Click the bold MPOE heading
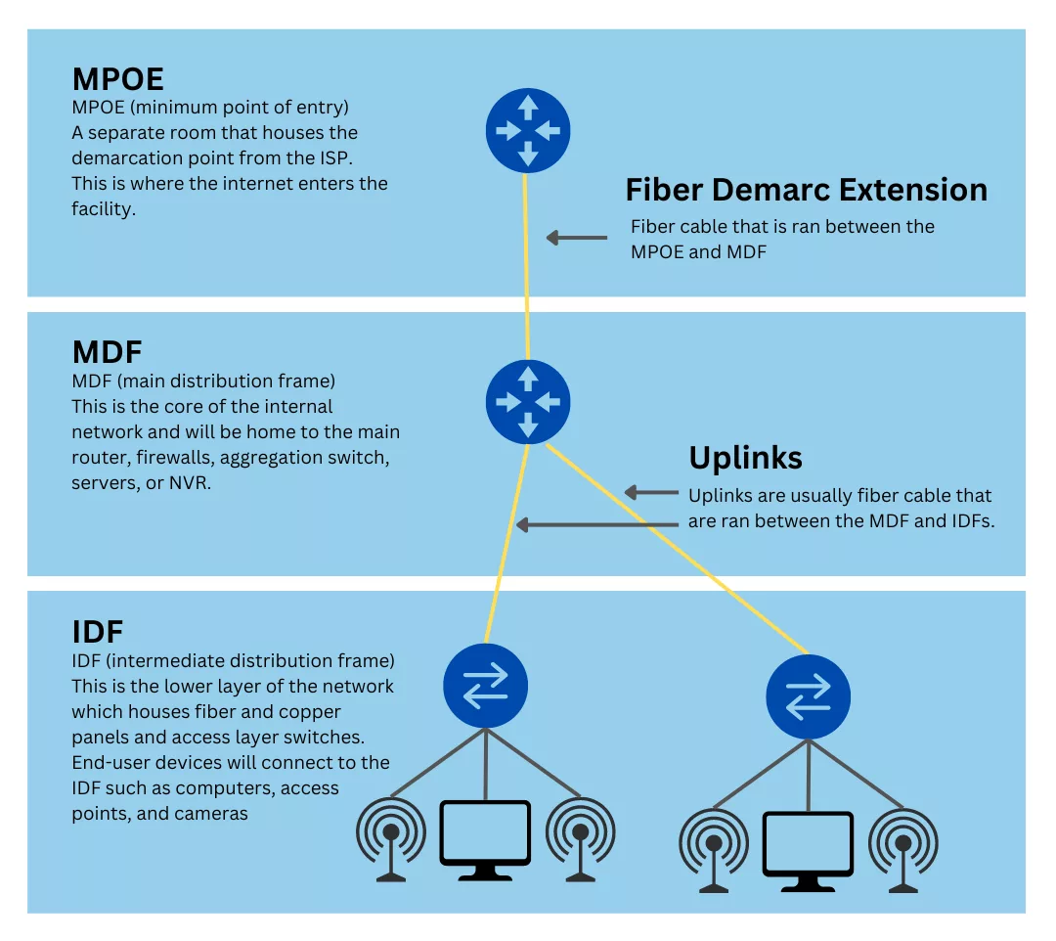(x=118, y=79)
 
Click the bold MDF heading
(x=108, y=352)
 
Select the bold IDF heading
(x=98, y=632)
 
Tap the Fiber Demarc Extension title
(x=806, y=190)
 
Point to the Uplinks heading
(x=745, y=459)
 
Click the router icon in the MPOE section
(x=528, y=131)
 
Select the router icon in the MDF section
(x=528, y=402)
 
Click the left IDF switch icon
(x=486, y=686)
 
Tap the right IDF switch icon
(x=809, y=696)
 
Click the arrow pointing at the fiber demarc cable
(x=577, y=238)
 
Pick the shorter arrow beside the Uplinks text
(x=651, y=492)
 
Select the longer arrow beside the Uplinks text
(x=597, y=524)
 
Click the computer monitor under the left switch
(x=485, y=839)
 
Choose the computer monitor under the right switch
(x=809, y=851)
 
